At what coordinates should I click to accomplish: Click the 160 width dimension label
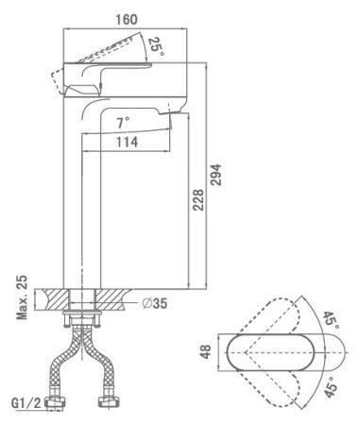[127, 20]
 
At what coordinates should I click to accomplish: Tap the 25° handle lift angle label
[156, 46]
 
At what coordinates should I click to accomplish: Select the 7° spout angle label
[123, 123]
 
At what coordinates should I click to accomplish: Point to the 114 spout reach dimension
[127, 142]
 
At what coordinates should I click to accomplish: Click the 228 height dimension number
[198, 200]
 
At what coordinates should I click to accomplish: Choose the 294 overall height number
[216, 175]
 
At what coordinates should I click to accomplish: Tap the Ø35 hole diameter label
[154, 303]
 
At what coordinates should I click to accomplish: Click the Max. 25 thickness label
[22, 297]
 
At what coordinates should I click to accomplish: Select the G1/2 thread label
[26, 403]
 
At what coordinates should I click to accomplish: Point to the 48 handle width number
[206, 351]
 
